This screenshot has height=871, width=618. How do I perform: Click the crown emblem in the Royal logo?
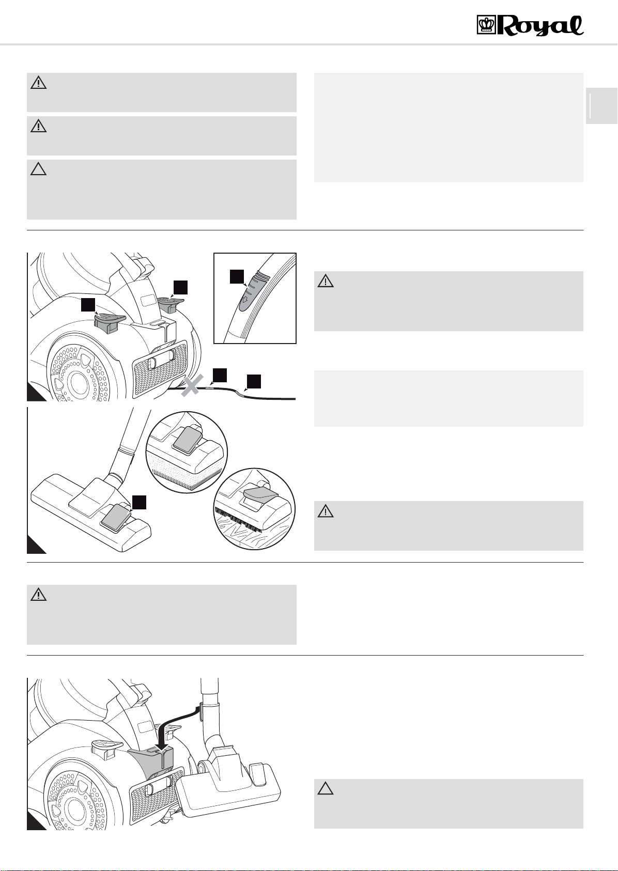[486, 26]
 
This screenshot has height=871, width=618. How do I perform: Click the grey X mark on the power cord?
[191, 385]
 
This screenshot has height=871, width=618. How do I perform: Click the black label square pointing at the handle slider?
[237, 277]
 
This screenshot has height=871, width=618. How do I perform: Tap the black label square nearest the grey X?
[220, 375]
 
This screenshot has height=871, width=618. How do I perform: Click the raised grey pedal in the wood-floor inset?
[260, 494]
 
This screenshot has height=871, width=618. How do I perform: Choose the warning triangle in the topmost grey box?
[39, 83]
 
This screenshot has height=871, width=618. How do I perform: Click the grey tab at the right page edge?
[601, 106]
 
